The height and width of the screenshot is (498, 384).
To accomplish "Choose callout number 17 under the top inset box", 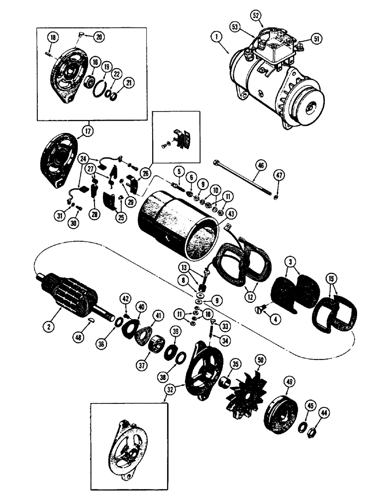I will tap(89, 132).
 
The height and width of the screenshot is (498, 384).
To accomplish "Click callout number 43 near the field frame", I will tap(230, 213).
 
